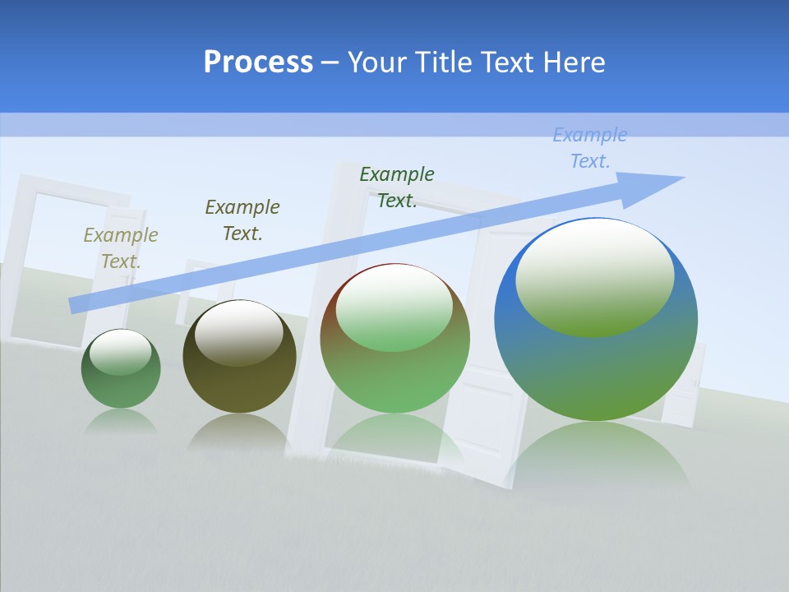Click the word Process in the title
(x=258, y=62)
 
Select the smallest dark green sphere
(x=121, y=368)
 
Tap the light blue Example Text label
(x=590, y=148)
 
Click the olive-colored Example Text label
(x=121, y=247)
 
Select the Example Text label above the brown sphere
(x=242, y=220)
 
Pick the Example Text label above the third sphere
(x=397, y=187)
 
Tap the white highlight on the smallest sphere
(x=121, y=351)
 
